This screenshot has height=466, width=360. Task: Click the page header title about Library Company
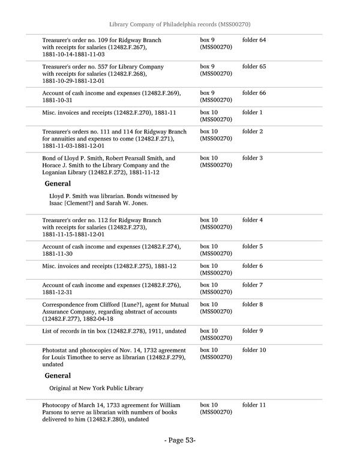pos(179,24)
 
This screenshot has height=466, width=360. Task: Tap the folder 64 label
pos(254,40)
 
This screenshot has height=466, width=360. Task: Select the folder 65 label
pos(254,67)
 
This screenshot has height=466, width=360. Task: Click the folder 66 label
pos(254,93)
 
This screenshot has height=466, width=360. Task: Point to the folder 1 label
pos(252,112)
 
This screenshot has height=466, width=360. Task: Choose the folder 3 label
pos(252,158)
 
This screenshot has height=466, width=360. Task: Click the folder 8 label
pos(252,304)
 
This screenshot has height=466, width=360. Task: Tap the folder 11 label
pos(254,405)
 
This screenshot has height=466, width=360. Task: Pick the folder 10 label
pos(254,350)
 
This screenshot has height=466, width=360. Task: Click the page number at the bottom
pos(180,441)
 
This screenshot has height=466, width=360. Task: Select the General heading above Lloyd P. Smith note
pos(58,184)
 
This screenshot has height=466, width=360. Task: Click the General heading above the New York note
pos(58,376)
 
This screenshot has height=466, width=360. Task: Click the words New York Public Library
pos(109,388)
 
